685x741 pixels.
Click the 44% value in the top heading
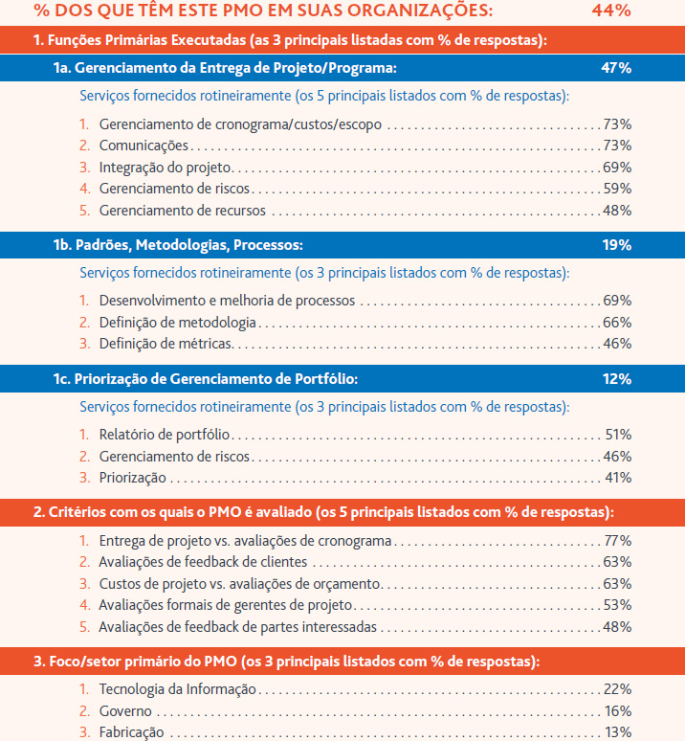(x=611, y=10)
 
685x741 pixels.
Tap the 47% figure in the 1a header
(x=616, y=68)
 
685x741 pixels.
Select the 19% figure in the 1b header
(x=616, y=245)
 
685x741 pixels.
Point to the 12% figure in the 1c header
(x=616, y=379)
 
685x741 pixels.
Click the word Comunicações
(x=144, y=146)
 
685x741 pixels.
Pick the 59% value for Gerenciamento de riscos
(x=617, y=189)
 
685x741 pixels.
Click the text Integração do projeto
(x=165, y=168)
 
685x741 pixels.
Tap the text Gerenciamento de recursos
(x=182, y=211)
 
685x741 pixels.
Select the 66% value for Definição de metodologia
(x=617, y=323)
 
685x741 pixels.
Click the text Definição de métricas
(x=166, y=344)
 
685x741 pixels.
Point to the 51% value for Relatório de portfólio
(x=618, y=435)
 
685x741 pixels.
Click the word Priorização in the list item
(x=133, y=478)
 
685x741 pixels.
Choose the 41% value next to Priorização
(x=618, y=478)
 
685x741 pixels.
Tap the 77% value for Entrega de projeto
(x=618, y=541)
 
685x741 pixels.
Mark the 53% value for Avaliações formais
(x=617, y=605)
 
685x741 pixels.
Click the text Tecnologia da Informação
(x=178, y=689)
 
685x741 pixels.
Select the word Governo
(x=125, y=710)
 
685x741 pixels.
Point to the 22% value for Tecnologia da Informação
(x=617, y=689)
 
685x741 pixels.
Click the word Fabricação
(x=132, y=732)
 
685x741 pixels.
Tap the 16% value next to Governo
(x=618, y=710)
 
